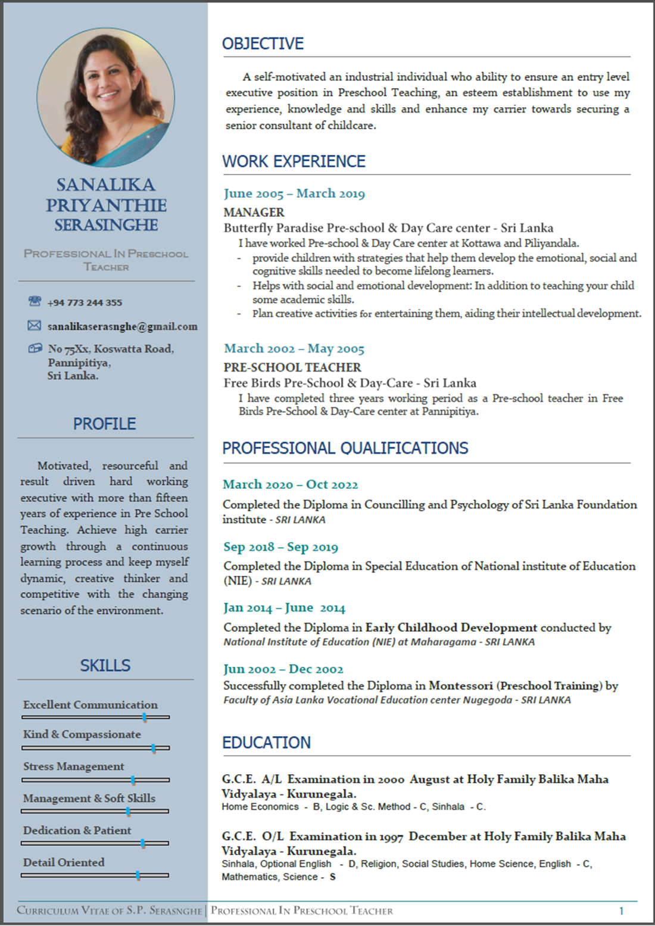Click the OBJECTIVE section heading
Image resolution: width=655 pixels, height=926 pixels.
point(263,43)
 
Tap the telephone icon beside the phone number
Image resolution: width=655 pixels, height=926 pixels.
point(35,301)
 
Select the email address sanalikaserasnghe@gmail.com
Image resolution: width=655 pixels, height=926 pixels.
point(122,326)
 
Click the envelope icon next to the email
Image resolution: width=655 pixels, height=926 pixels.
point(35,325)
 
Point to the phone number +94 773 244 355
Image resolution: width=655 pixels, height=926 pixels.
point(85,303)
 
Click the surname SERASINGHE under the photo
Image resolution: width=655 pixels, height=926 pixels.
point(106,225)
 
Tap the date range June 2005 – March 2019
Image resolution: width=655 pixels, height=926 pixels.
point(294,194)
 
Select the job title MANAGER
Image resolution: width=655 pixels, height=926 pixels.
point(254,212)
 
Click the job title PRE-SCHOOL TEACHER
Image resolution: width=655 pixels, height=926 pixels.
point(292,367)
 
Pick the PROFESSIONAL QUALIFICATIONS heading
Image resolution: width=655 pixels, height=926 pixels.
point(345,448)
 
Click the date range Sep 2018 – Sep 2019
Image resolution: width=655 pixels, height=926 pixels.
point(280,547)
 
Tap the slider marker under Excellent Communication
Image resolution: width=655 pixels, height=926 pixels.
point(145,717)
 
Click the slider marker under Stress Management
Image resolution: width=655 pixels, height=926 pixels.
point(133,780)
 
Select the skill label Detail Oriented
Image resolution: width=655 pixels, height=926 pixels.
point(64,862)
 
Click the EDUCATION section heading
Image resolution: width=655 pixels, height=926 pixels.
point(266,742)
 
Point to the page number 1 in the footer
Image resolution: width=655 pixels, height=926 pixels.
point(621,911)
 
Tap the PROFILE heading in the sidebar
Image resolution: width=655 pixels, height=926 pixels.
point(104,423)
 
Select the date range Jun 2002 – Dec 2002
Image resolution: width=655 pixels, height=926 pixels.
point(283,669)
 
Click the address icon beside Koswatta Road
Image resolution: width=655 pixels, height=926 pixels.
point(35,348)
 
